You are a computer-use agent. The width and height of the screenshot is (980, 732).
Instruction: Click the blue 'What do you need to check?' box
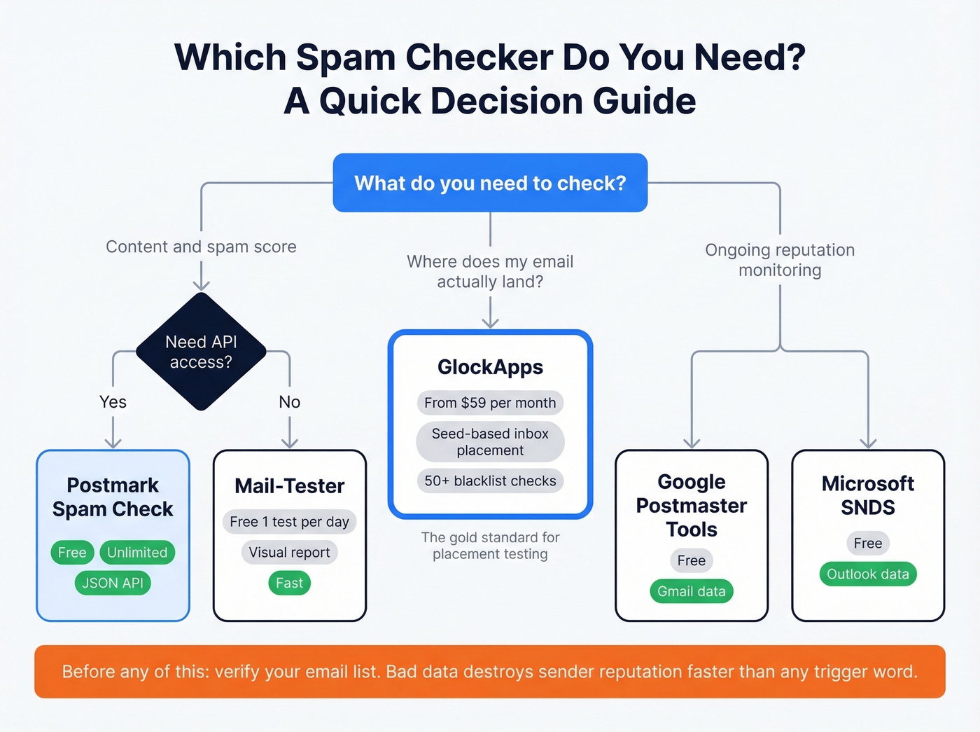click(490, 183)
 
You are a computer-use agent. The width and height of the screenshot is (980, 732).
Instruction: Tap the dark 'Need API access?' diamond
click(201, 352)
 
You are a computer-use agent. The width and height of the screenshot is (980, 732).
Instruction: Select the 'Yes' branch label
click(113, 402)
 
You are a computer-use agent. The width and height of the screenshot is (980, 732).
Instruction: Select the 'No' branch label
click(289, 402)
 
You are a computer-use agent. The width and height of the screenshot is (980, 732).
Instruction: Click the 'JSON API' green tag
click(113, 583)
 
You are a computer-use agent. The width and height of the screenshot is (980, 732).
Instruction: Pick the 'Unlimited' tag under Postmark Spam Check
click(137, 553)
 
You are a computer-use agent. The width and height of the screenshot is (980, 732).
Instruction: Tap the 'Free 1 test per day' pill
click(289, 522)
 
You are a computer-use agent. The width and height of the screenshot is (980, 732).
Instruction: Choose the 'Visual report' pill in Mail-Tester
click(289, 553)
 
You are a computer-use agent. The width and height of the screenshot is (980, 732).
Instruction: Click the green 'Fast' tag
click(289, 583)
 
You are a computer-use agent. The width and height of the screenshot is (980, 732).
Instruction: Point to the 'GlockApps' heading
click(490, 367)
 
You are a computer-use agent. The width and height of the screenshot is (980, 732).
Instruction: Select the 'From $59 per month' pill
click(490, 403)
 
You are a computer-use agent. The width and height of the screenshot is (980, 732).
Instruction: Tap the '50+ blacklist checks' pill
click(490, 481)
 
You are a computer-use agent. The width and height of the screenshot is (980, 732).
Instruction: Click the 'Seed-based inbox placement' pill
click(490, 442)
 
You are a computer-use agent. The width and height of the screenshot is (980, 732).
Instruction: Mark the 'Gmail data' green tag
click(692, 591)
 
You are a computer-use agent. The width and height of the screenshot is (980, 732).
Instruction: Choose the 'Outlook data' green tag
click(868, 574)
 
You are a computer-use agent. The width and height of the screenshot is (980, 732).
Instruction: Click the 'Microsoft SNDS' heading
click(868, 495)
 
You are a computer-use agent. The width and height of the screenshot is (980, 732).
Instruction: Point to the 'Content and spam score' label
click(201, 247)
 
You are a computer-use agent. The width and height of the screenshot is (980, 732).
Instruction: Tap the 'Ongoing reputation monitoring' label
click(780, 260)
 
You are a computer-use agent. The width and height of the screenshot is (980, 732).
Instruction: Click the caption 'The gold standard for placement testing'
click(490, 546)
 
